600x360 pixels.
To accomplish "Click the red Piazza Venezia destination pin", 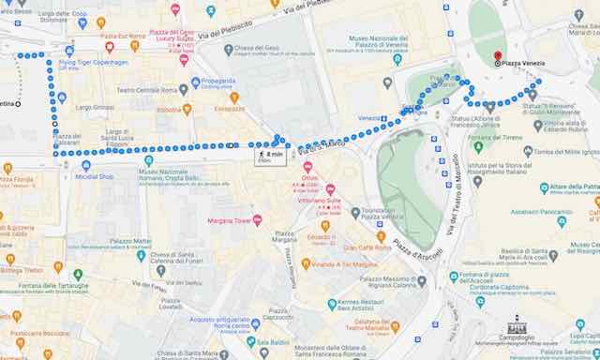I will click(498, 56).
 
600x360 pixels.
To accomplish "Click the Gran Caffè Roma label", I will click(372, 247).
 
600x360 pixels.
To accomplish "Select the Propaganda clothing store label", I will click(217, 81).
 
